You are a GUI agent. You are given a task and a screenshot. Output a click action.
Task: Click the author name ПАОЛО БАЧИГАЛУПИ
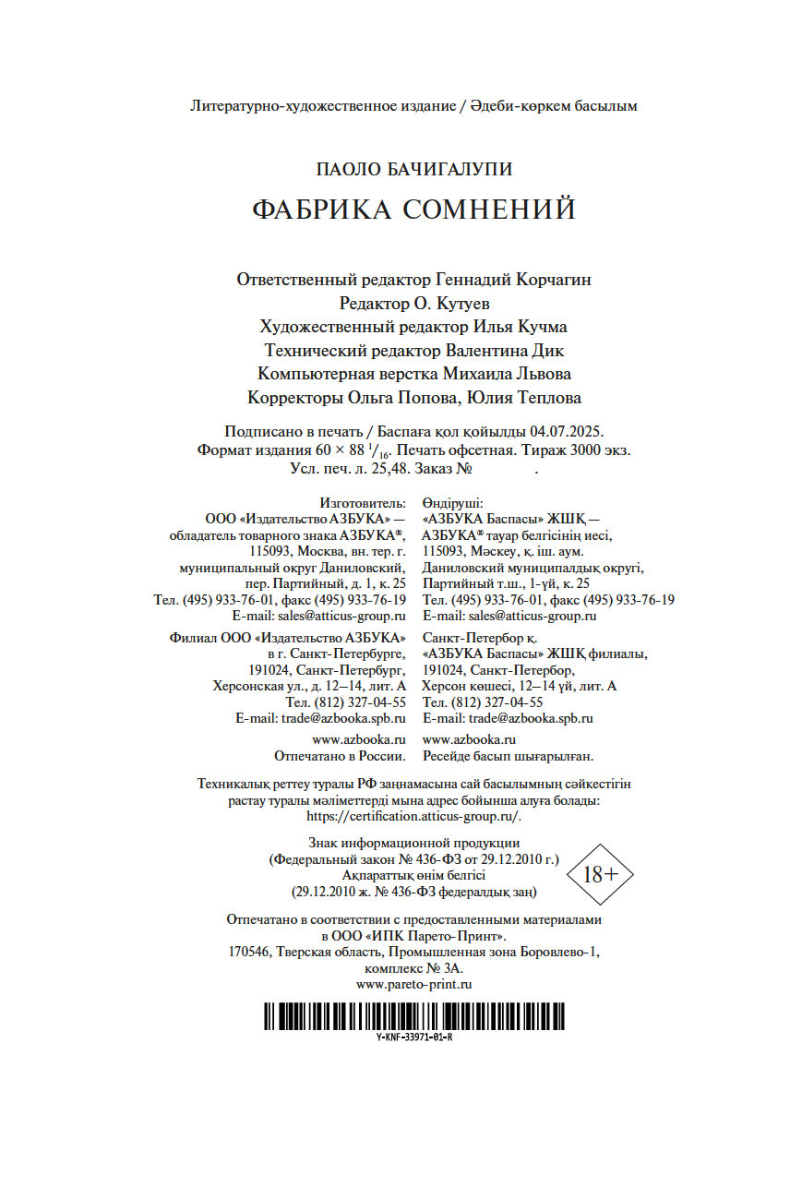(413, 169)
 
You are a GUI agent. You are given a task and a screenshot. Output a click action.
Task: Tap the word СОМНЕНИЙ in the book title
(489, 210)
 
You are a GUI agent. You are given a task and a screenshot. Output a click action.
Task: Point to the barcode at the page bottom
(413, 1016)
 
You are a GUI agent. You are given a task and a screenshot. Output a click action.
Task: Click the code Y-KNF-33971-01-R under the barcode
(413, 1037)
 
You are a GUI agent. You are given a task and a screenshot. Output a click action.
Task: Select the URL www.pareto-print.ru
(413, 985)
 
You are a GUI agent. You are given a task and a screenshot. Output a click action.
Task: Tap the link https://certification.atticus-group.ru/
(413, 816)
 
